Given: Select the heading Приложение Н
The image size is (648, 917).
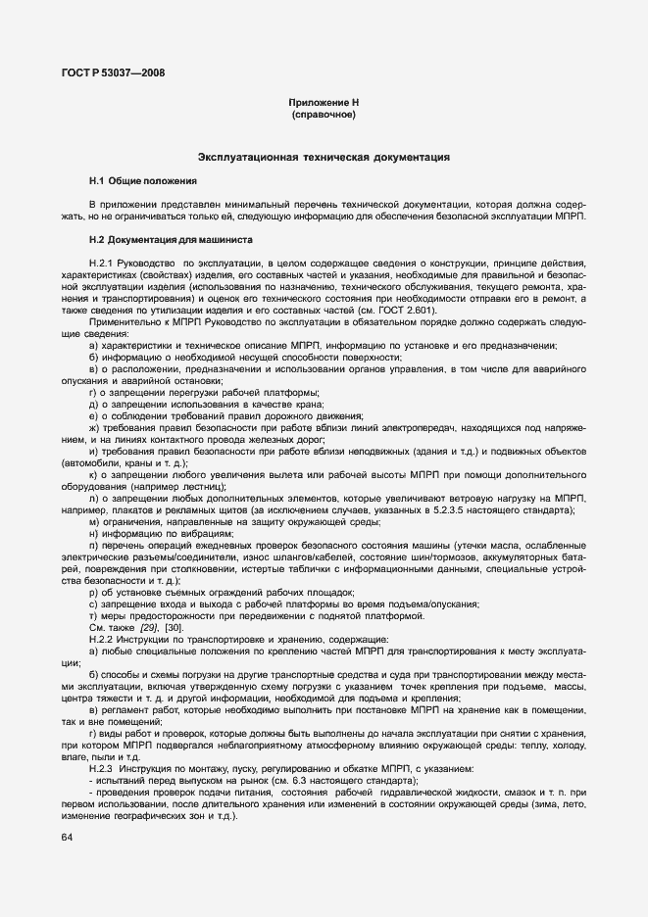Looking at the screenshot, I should pyautogui.click(x=324, y=103).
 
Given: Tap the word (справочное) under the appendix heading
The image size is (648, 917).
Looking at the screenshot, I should pyautogui.click(x=324, y=115).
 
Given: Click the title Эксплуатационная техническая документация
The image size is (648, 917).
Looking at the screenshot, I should pyautogui.click(x=324, y=157).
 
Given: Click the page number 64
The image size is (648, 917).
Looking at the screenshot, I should pyautogui.click(x=67, y=838).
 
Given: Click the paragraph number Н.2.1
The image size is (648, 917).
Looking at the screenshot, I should pyautogui.click(x=104, y=264).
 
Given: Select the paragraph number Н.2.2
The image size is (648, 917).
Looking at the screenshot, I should pyautogui.click(x=104, y=639).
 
